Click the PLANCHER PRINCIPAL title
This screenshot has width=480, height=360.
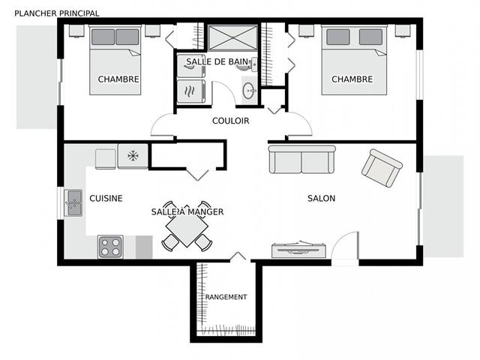click(57, 13)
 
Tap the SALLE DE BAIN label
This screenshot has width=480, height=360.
click(217, 61)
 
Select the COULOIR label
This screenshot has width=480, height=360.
click(231, 121)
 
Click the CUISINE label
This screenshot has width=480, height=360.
click(106, 198)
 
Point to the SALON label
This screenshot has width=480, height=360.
click(322, 198)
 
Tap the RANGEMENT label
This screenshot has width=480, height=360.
click(226, 297)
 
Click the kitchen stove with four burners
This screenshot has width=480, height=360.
click(110, 247)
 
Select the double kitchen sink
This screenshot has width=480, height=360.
click(73, 202)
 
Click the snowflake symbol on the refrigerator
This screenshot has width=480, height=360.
click(133, 156)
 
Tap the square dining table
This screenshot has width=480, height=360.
click(187, 227)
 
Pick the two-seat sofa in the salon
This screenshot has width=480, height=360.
click(302, 159)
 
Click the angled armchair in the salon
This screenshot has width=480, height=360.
click(382, 168)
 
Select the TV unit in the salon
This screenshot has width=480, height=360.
click(298, 250)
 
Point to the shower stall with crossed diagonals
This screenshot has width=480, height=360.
click(232, 37)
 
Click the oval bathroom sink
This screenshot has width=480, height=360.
click(248, 91)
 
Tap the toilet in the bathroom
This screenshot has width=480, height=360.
click(249, 65)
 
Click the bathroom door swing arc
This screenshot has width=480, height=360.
click(227, 87)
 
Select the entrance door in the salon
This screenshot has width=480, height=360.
click(345, 247)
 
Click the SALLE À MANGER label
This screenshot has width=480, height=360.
click(187, 211)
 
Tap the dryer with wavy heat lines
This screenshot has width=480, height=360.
click(191, 91)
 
